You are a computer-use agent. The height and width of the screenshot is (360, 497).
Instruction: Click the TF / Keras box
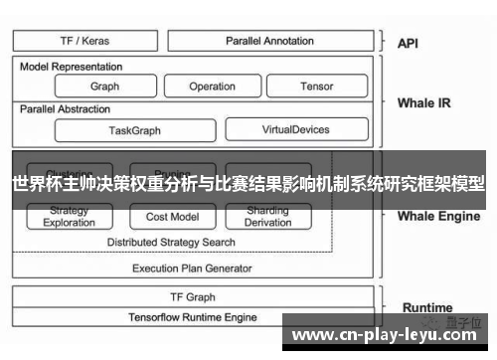click(x=85, y=41)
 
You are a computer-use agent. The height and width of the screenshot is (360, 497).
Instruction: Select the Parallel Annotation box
click(x=269, y=41)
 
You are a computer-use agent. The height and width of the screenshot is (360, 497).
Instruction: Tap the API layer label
click(x=409, y=43)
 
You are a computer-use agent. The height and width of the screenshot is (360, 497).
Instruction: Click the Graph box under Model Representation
click(x=104, y=87)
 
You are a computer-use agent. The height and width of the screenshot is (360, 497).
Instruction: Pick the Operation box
click(x=212, y=87)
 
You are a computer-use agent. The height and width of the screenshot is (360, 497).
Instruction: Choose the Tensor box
click(x=316, y=87)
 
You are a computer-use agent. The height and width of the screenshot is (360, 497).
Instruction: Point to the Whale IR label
click(x=423, y=102)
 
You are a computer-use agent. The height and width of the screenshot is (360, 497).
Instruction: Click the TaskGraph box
click(x=134, y=129)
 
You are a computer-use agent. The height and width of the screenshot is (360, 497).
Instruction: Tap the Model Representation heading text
click(x=72, y=67)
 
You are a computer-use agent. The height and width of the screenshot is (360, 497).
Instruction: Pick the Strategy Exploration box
click(x=69, y=217)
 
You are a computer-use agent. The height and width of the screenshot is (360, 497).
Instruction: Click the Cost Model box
click(x=172, y=217)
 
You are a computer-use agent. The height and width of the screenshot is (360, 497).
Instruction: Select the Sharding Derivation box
click(x=267, y=217)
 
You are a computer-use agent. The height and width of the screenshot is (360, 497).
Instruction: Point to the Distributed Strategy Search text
click(x=171, y=242)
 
